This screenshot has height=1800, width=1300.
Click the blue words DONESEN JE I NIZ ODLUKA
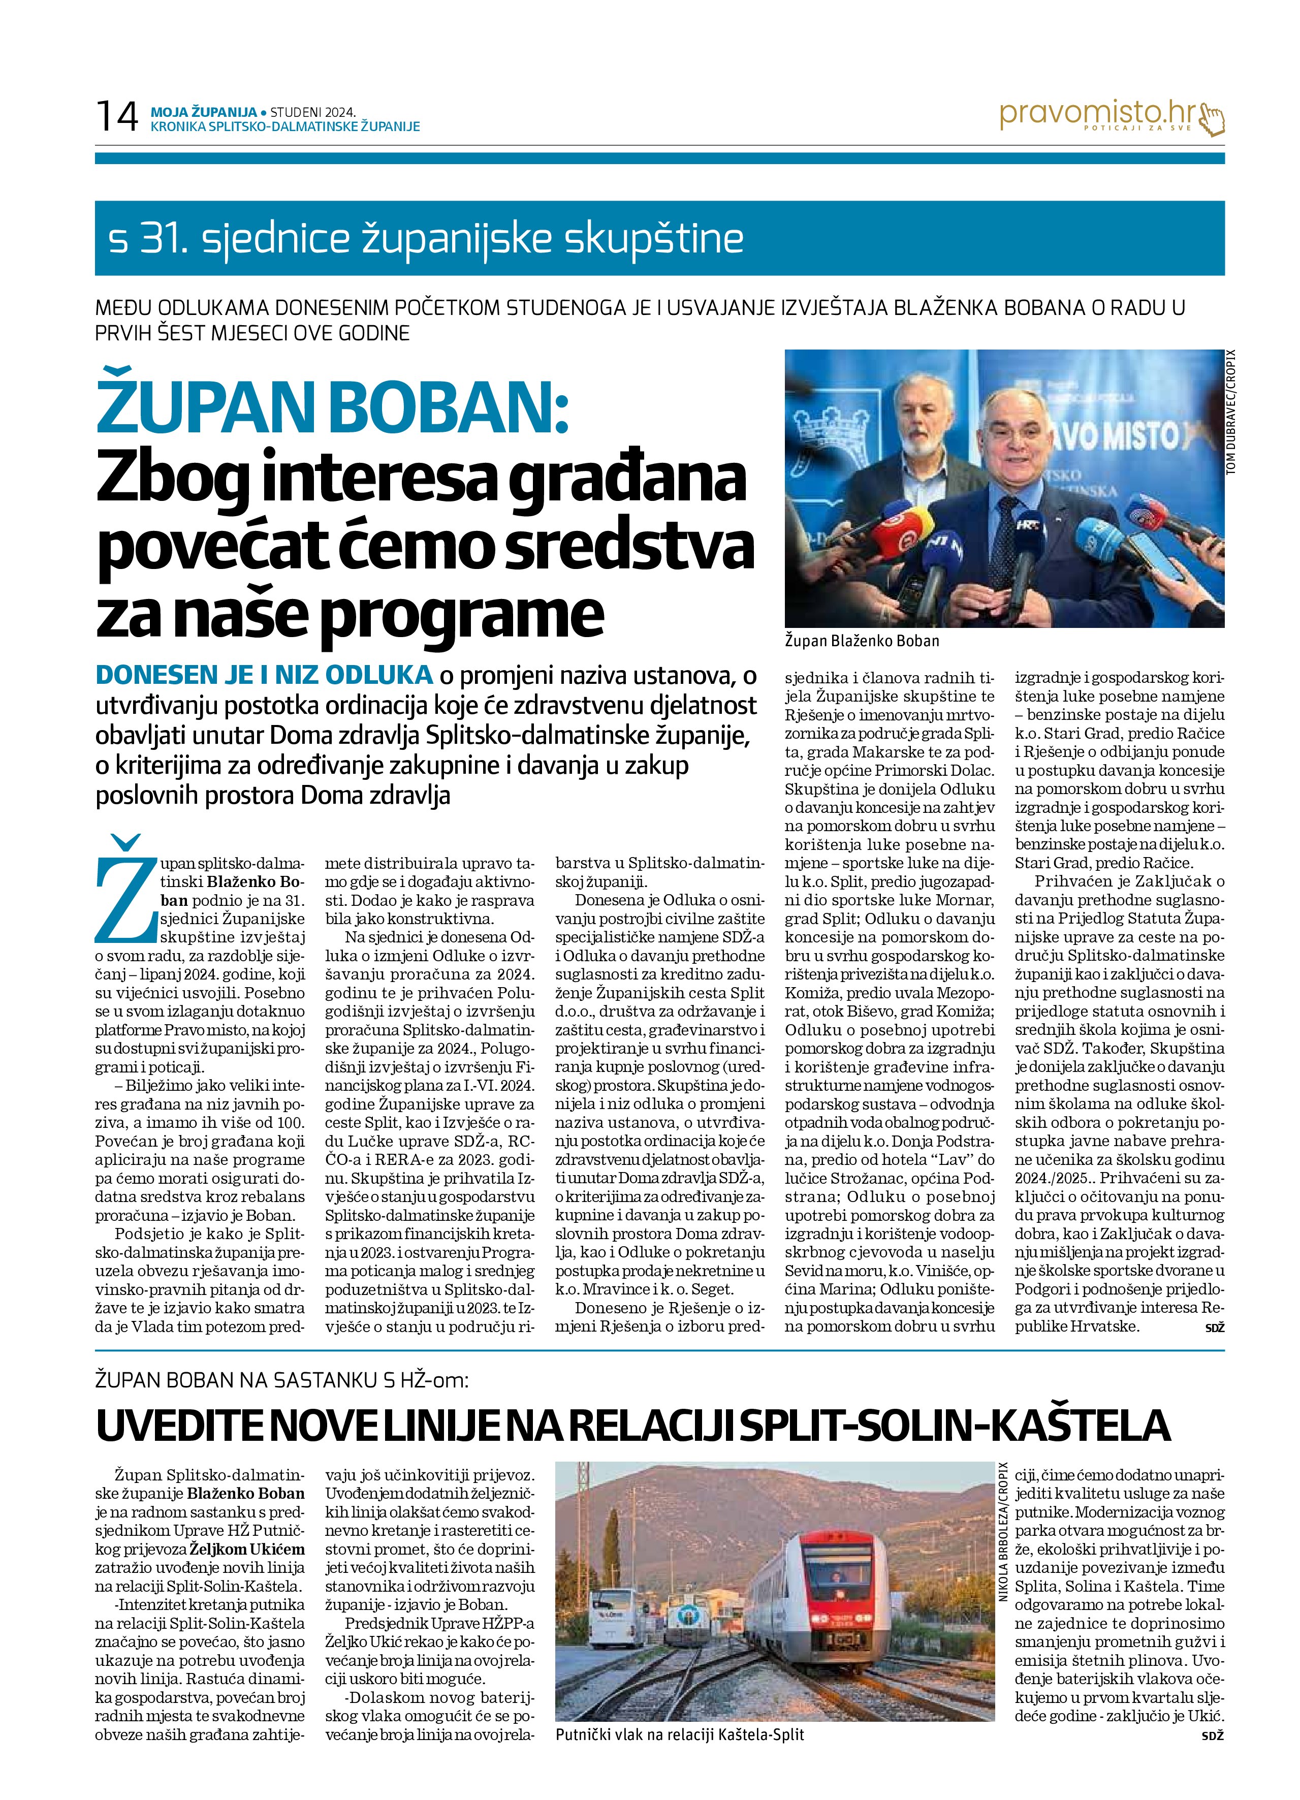264,675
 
